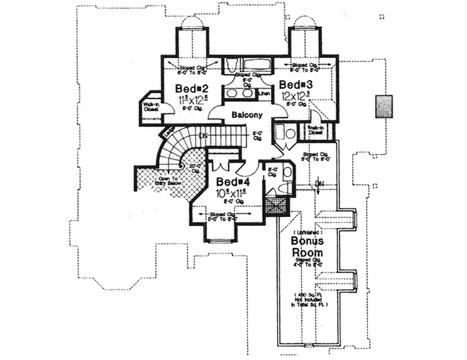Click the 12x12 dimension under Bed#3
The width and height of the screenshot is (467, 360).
coord(296,95)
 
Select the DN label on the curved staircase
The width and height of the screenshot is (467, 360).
coord(202,136)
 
